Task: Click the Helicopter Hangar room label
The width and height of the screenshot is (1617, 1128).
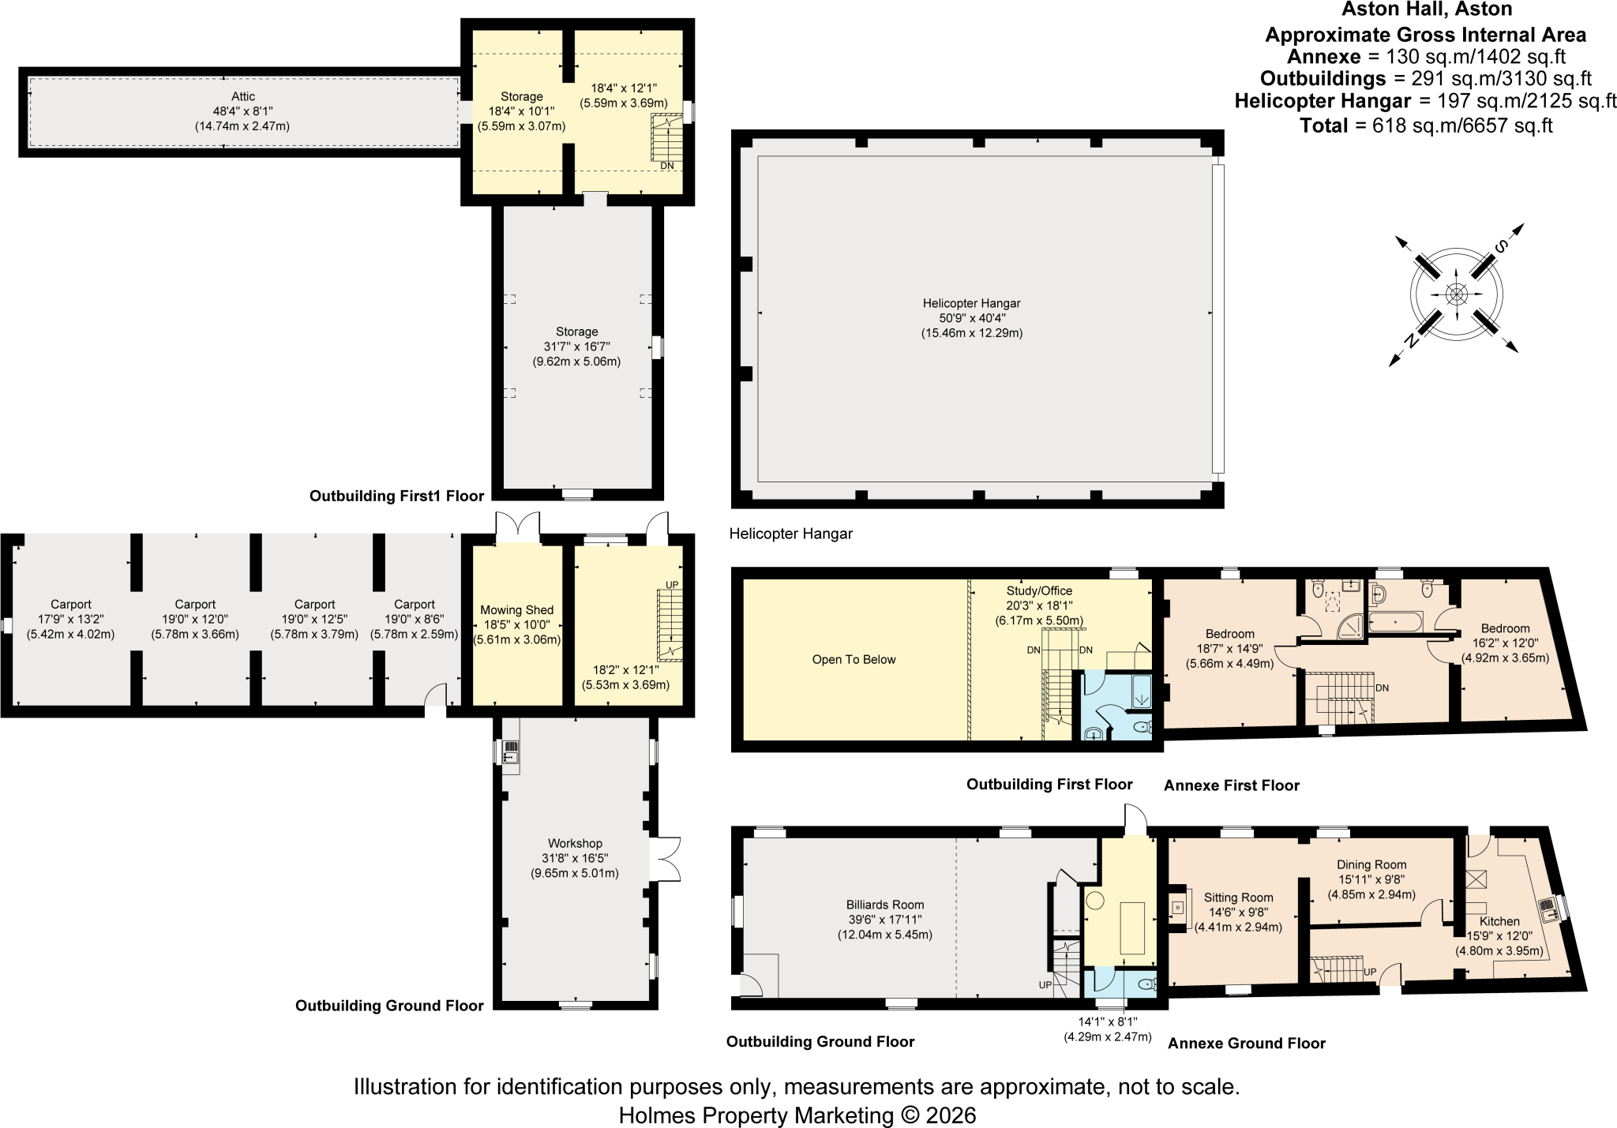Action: (972, 303)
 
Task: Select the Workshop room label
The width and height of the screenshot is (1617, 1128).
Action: (575, 843)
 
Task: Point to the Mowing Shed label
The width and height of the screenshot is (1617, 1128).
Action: (517, 610)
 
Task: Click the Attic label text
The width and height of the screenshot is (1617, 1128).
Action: (243, 96)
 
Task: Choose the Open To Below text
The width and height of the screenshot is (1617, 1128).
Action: (854, 660)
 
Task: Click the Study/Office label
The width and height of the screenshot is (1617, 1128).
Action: (1039, 590)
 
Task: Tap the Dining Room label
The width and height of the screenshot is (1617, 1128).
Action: (1371, 864)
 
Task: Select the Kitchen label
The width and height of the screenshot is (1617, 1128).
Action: (1499, 921)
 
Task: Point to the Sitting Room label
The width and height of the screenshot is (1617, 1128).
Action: (1238, 898)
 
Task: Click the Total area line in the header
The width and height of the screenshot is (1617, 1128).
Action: (1427, 125)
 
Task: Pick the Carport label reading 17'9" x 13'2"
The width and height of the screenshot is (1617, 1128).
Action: (71, 620)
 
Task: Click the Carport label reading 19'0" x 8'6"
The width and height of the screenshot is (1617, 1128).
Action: (415, 620)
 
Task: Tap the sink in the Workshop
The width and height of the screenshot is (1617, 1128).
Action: (510, 753)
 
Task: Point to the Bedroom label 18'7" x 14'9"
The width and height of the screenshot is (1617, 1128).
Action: (1230, 649)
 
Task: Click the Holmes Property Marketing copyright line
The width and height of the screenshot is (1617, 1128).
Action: (797, 1115)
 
